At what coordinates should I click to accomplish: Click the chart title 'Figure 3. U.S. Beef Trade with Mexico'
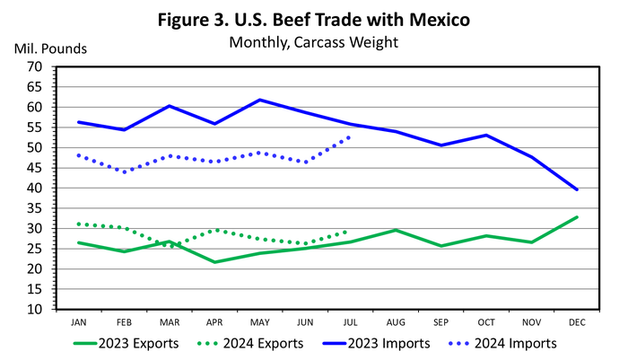(x=314, y=20)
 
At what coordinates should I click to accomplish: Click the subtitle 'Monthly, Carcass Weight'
(x=314, y=41)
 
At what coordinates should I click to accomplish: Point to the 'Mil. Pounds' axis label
(x=49, y=48)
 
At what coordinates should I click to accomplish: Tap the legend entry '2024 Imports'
(x=514, y=343)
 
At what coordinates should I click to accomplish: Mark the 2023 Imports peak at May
(x=259, y=100)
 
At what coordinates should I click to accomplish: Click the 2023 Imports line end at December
(x=576, y=189)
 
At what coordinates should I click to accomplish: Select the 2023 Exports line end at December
(x=576, y=217)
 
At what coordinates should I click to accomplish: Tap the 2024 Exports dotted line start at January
(x=79, y=224)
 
